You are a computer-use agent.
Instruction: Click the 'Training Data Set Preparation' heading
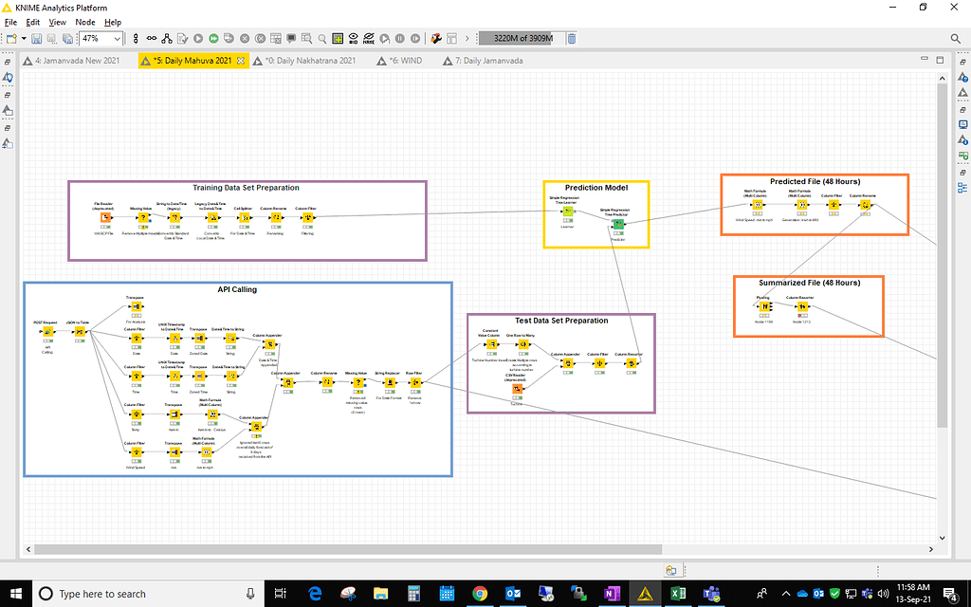(x=246, y=188)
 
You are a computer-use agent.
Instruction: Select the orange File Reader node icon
(x=105, y=218)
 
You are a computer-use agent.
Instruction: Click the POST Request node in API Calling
(x=46, y=332)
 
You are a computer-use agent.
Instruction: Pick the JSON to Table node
(x=80, y=332)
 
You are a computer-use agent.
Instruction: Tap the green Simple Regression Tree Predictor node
(x=617, y=224)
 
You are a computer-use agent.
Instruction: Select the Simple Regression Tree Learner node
(x=568, y=212)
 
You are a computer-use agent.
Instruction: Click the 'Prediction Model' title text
(x=596, y=188)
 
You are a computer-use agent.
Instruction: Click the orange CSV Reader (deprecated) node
(x=517, y=389)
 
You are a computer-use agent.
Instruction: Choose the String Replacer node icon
(x=389, y=383)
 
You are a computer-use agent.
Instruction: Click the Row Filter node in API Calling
(x=415, y=383)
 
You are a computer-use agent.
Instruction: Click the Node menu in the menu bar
(x=85, y=22)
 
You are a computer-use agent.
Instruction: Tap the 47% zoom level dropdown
(x=101, y=39)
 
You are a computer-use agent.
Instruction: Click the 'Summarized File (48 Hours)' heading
(x=809, y=283)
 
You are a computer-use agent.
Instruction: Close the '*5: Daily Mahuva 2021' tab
(x=241, y=61)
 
